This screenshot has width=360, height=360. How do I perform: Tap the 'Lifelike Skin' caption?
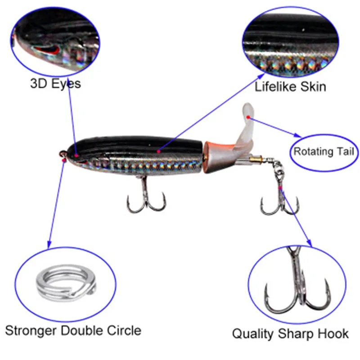click(x=290, y=86)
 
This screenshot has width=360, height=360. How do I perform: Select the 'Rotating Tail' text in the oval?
click(x=324, y=151)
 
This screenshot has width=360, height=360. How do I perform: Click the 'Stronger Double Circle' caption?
click(x=73, y=331)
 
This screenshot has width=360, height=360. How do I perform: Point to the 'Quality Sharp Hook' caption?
click(x=290, y=333)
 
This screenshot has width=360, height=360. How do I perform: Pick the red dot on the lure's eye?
click(x=76, y=155)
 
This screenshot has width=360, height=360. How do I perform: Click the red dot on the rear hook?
click(x=280, y=187)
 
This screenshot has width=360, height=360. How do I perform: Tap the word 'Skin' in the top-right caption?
click(x=312, y=86)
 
